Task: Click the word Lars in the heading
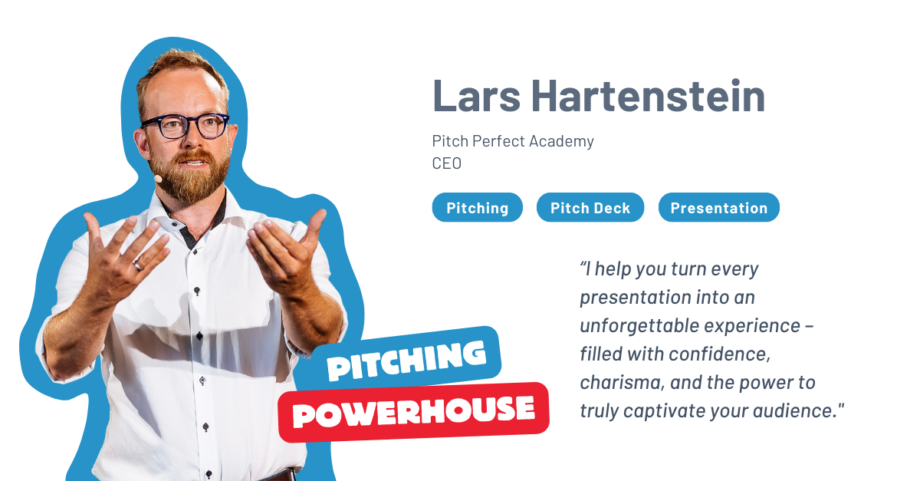pyautogui.click(x=476, y=96)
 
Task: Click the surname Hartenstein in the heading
pyautogui.click(x=648, y=95)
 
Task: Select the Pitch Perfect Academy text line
pyautogui.click(x=513, y=141)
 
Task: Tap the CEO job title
pyautogui.click(x=446, y=163)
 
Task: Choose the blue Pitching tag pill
pyautogui.click(x=477, y=208)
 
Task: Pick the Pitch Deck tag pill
pyautogui.click(x=590, y=208)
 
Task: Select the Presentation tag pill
pyautogui.click(x=719, y=208)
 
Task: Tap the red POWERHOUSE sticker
pyautogui.click(x=414, y=412)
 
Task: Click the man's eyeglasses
pyautogui.click(x=185, y=126)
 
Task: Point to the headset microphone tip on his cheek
pyautogui.click(x=158, y=179)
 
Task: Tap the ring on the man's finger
pyautogui.click(x=138, y=267)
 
